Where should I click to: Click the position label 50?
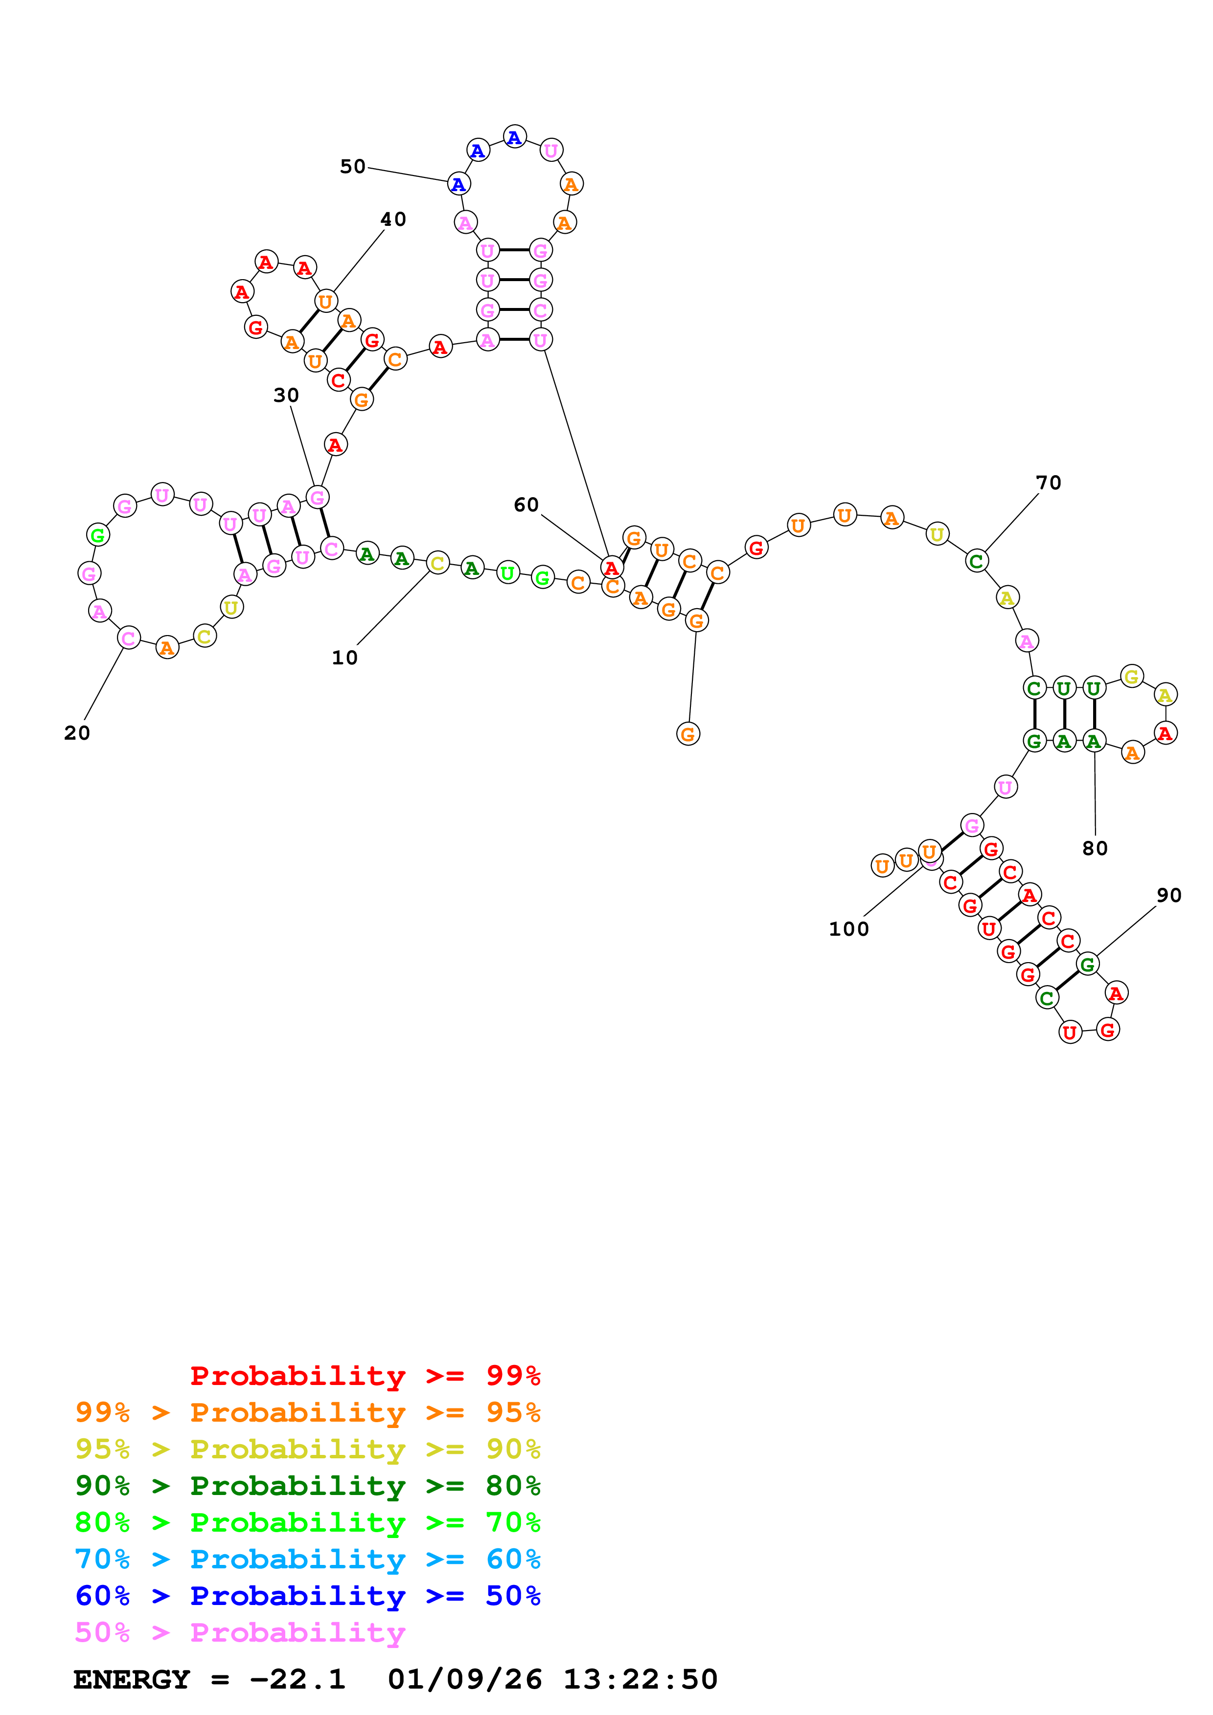point(353,167)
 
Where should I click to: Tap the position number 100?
point(848,929)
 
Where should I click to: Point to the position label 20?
point(77,733)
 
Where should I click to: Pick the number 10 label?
point(344,658)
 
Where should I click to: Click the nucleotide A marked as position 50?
point(458,184)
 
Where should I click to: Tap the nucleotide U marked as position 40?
point(325,302)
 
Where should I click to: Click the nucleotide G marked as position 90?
point(1087,964)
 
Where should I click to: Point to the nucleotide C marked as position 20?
point(129,638)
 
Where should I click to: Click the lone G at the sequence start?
point(687,734)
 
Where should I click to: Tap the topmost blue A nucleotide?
point(514,137)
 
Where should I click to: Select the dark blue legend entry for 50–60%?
point(307,1596)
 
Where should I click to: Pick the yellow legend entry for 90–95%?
point(307,1449)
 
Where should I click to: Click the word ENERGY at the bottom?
point(132,1679)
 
